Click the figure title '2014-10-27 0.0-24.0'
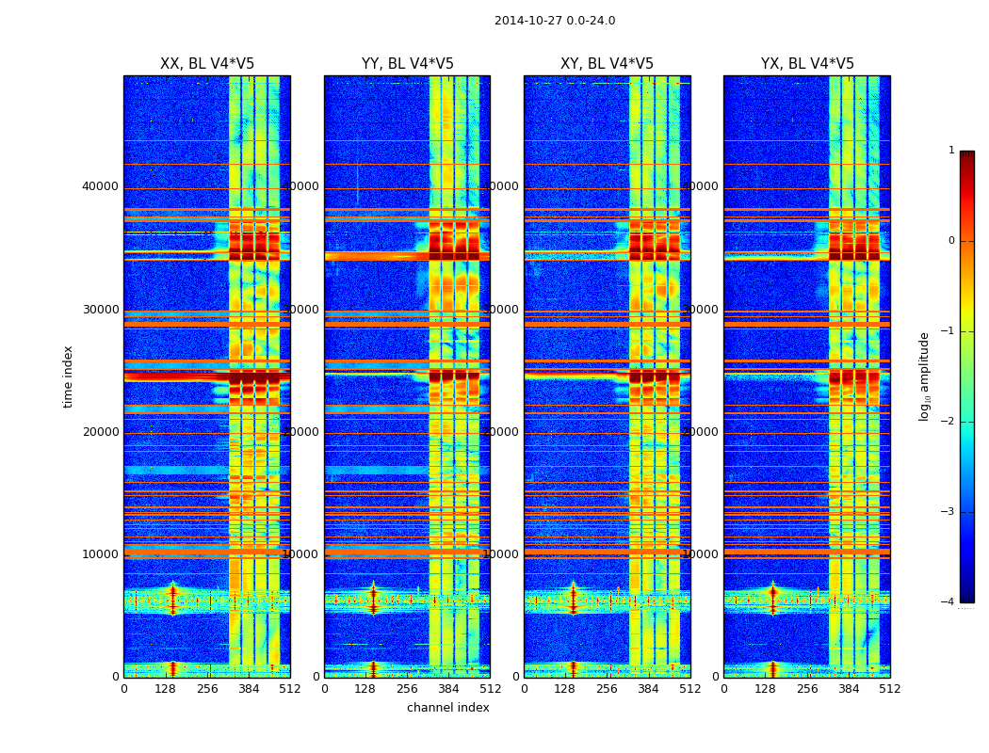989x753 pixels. [x=555, y=21]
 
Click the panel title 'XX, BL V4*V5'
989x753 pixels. [x=207, y=64]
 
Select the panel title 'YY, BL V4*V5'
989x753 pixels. [x=407, y=64]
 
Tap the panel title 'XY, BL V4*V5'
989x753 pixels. [x=607, y=64]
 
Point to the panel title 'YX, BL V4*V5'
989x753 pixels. [x=807, y=64]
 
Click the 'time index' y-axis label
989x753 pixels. [x=68, y=376]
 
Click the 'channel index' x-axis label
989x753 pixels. [x=448, y=708]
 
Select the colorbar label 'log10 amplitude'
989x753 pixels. [x=925, y=376]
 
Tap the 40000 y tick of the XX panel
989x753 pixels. [x=100, y=186]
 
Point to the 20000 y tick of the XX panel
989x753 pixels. [x=100, y=432]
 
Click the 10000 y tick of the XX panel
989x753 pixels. [x=100, y=554]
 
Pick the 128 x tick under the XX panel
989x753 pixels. [x=165, y=689]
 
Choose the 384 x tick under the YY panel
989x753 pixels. [x=448, y=689]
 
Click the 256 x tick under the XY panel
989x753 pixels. [x=607, y=689]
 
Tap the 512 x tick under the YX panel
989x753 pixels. [x=890, y=689]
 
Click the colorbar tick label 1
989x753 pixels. [x=951, y=151]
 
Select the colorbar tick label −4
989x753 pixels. [x=948, y=602]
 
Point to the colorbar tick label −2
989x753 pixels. [x=948, y=422]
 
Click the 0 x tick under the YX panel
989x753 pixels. [x=723, y=689]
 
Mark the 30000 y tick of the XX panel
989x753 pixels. [x=100, y=310]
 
